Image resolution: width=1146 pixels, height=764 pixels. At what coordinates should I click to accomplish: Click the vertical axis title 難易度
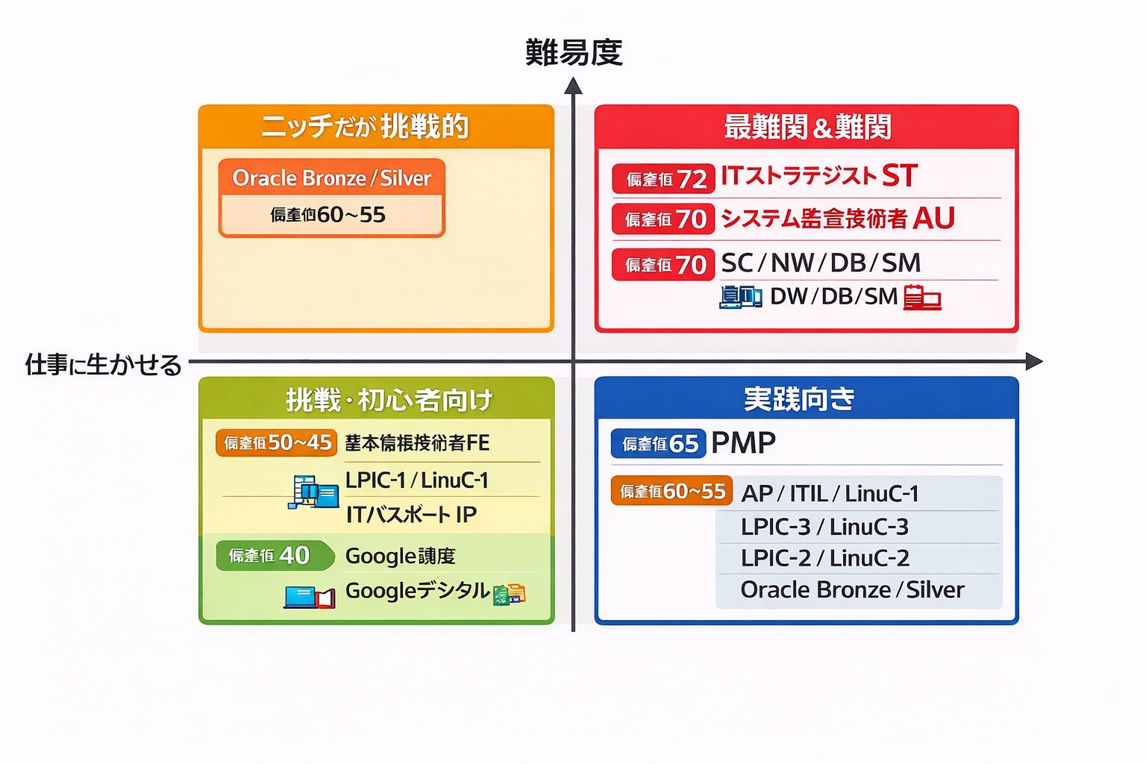[573, 52]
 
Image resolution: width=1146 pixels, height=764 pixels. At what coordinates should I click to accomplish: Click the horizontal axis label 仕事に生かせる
[104, 365]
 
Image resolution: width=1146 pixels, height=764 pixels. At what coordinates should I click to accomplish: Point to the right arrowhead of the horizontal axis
[1033, 362]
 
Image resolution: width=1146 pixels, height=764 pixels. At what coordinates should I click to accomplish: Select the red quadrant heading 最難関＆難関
[807, 127]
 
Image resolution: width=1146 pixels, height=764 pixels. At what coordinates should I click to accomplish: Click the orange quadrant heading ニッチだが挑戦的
[365, 127]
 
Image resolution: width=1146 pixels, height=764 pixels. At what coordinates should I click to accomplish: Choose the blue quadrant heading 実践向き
[799, 399]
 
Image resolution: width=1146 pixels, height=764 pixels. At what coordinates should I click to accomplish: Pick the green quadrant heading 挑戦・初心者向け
[389, 400]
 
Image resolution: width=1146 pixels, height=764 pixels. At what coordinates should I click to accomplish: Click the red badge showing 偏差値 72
[663, 179]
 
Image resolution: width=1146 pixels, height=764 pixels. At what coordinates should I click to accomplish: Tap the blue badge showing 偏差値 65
[659, 444]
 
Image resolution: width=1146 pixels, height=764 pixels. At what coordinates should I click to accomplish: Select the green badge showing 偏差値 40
[269, 556]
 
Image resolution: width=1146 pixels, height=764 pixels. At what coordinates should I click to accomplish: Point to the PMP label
[743, 443]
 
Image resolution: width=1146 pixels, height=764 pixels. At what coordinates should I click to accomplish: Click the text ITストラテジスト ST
[818, 176]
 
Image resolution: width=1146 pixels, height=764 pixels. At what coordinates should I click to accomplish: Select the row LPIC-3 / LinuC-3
[824, 527]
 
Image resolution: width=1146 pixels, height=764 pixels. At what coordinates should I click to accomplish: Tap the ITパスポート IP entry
[411, 515]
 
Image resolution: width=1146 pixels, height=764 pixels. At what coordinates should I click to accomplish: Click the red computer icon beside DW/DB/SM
[922, 297]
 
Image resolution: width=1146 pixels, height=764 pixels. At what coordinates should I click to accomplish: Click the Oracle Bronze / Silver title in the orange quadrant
[332, 178]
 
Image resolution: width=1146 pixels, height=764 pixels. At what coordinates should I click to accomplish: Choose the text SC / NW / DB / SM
[821, 263]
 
